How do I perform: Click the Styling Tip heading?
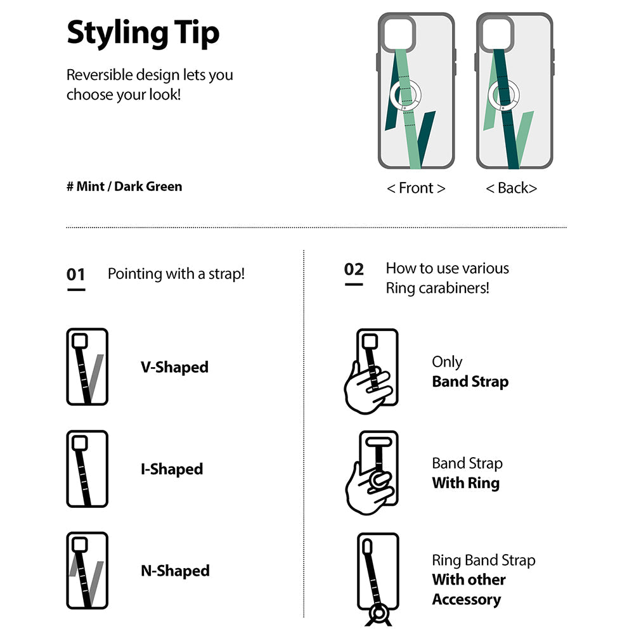(x=143, y=33)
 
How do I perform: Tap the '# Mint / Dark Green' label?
(x=124, y=186)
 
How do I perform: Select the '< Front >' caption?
(x=416, y=188)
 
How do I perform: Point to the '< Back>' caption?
(x=511, y=188)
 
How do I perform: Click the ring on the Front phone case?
(x=404, y=95)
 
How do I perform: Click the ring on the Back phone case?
(x=502, y=95)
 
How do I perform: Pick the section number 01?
(x=76, y=275)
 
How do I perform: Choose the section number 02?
(x=354, y=269)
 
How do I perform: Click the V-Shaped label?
(x=174, y=367)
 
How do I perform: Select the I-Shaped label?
(x=172, y=469)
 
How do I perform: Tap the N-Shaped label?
(x=175, y=571)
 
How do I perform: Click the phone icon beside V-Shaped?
(x=87, y=367)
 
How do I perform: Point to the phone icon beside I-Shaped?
(x=87, y=469)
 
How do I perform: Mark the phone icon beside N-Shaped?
(x=87, y=571)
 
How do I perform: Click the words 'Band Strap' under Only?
(x=470, y=382)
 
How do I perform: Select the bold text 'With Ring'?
(x=465, y=483)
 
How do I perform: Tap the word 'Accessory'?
(x=466, y=599)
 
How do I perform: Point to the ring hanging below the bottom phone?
(x=378, y=615)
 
